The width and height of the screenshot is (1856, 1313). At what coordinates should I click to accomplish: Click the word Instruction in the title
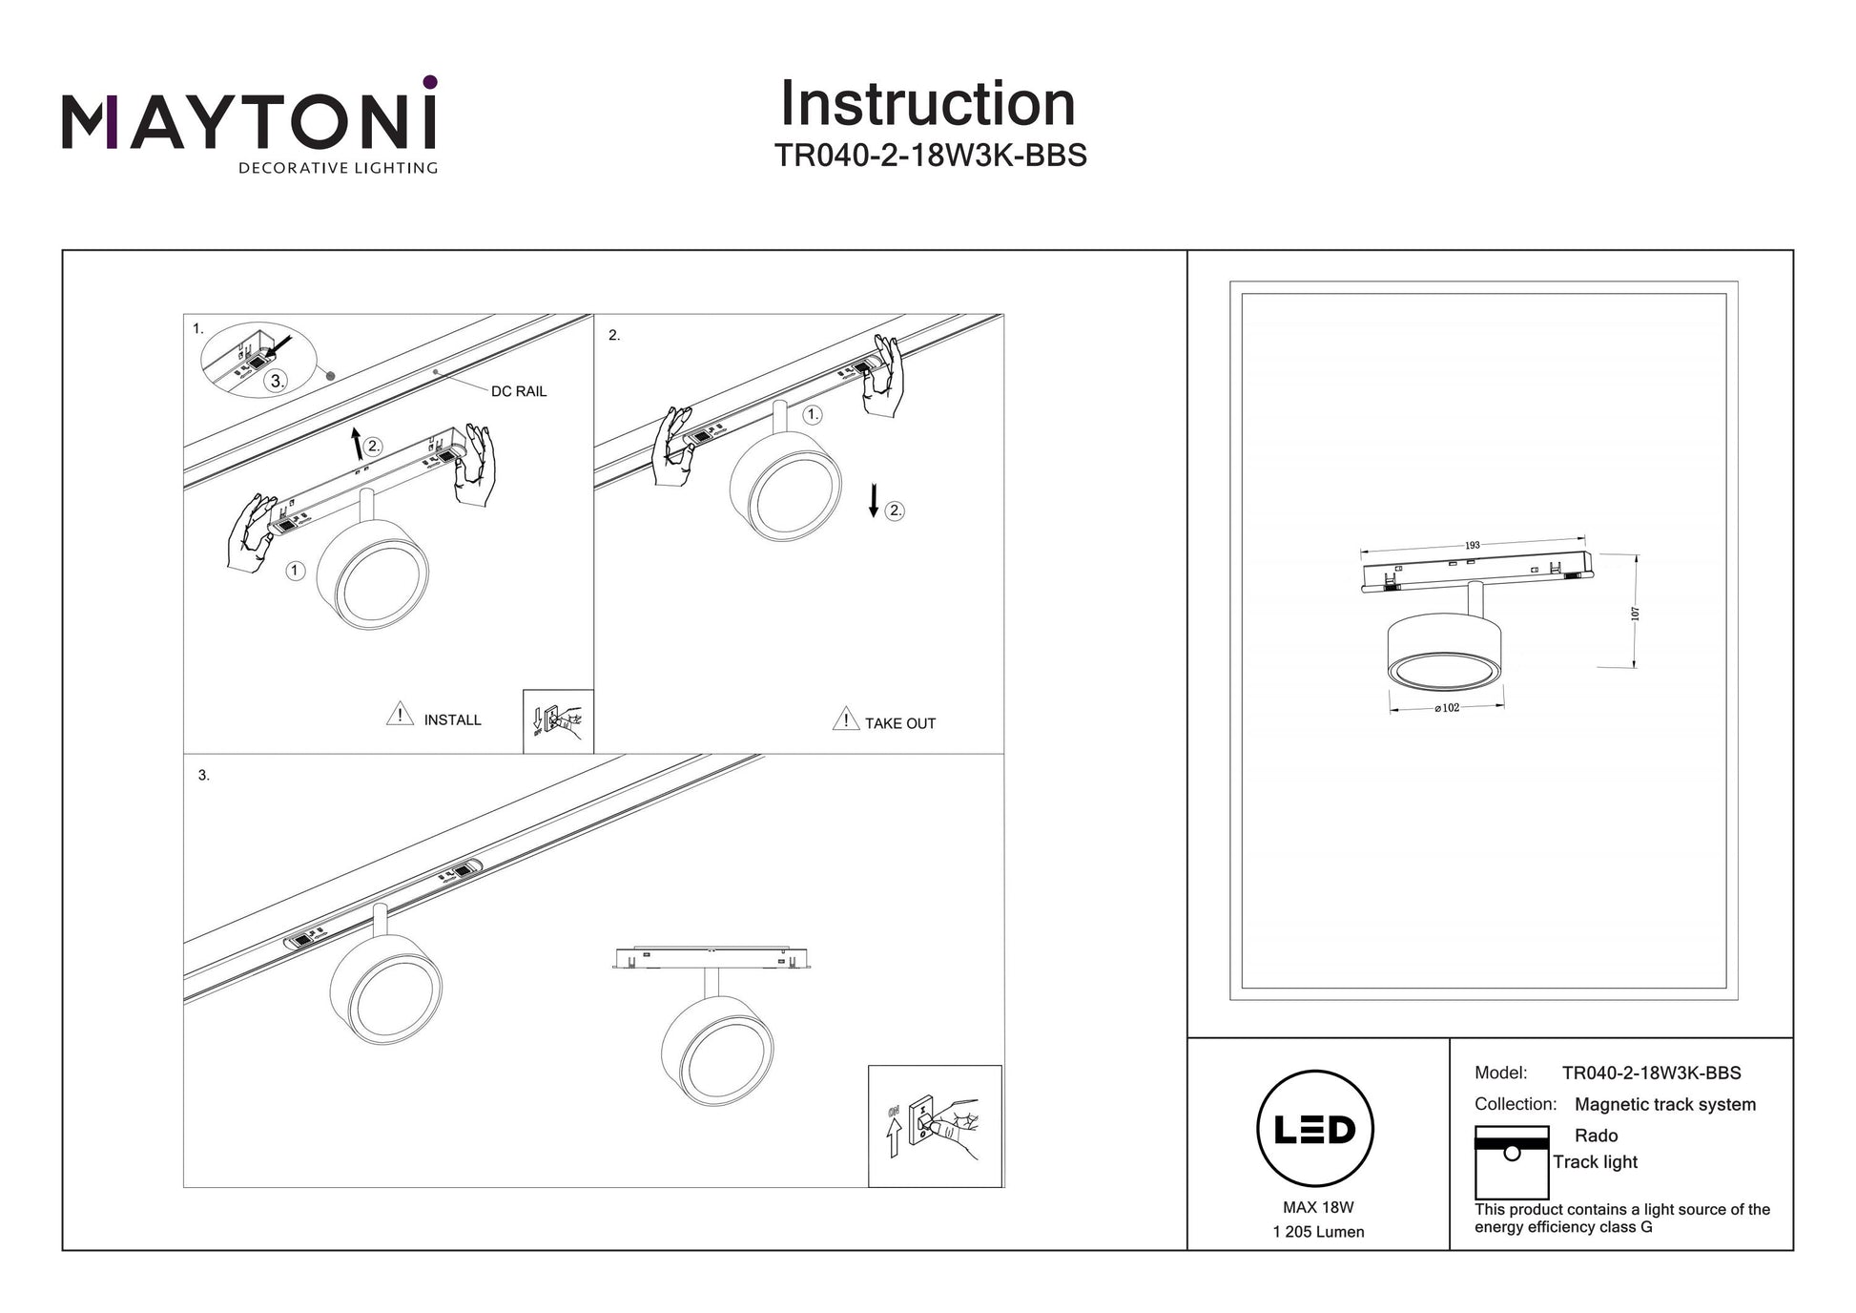[x=927, y=104]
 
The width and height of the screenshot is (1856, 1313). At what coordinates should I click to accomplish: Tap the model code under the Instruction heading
[x=930, y=156]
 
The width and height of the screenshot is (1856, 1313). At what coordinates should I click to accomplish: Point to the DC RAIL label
[x=518, y=391]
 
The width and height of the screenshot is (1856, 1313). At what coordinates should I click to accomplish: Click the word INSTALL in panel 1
[x=452, y=720]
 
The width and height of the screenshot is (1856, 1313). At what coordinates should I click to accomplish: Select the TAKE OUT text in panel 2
[x=899, y=724]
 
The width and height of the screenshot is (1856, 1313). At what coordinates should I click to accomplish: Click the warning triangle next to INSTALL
[x=400, y=715]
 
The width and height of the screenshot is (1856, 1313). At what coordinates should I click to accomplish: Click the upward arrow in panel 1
[x=357, y=444]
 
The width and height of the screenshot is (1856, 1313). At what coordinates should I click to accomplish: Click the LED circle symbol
[x=1315, y=1129]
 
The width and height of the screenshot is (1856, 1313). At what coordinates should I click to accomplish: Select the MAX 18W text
[x=1318, y=1207]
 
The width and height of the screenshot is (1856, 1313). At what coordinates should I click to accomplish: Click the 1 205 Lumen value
[x=1318, y=1232]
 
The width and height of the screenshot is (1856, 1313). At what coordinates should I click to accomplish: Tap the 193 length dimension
[x=1472, y=546]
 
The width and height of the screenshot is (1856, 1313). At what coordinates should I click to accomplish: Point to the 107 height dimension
[x=1635, y=613]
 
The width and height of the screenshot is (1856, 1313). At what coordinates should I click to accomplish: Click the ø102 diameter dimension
[x=1447, y=708]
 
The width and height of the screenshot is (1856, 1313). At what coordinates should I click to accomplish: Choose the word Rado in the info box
[x=1596, y=1136]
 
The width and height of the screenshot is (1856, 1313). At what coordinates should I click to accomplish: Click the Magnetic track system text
[x=1664, y=1104]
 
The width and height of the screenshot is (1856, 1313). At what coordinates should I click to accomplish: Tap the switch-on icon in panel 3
[x=935, y=1126]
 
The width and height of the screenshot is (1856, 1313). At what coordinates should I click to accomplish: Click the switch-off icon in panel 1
[x=558, y=721]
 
